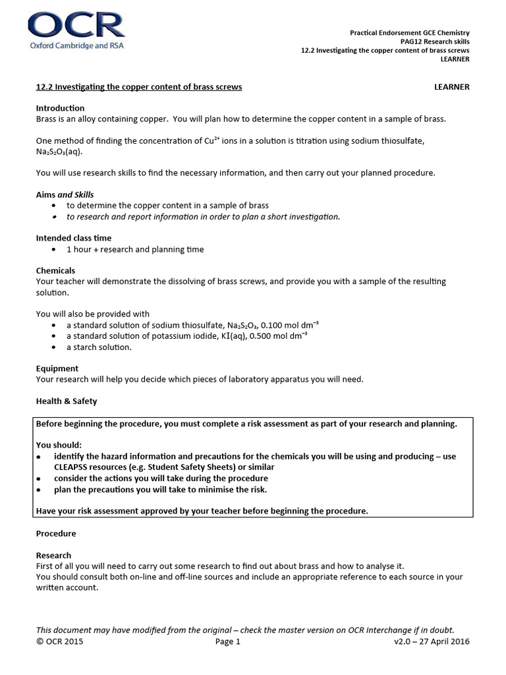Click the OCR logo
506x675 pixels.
click(76, 32)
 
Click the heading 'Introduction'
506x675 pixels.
click(60, 108)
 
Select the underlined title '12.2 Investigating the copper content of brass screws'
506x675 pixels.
click(138, 87)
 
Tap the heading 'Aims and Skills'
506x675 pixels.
click(65, 194)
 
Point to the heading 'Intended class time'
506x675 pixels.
click(74, 238)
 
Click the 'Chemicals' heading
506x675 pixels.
click(55, 270)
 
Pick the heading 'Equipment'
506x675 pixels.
click(57, 368)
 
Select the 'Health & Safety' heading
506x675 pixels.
click(67, 401)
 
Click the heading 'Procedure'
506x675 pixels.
click(56, 533)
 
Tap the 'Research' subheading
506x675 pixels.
click(53, 556)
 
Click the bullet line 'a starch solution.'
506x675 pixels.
click(99, 347)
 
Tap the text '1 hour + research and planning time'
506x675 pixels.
click(135, 249)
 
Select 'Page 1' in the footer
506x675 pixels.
click(228, 641)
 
